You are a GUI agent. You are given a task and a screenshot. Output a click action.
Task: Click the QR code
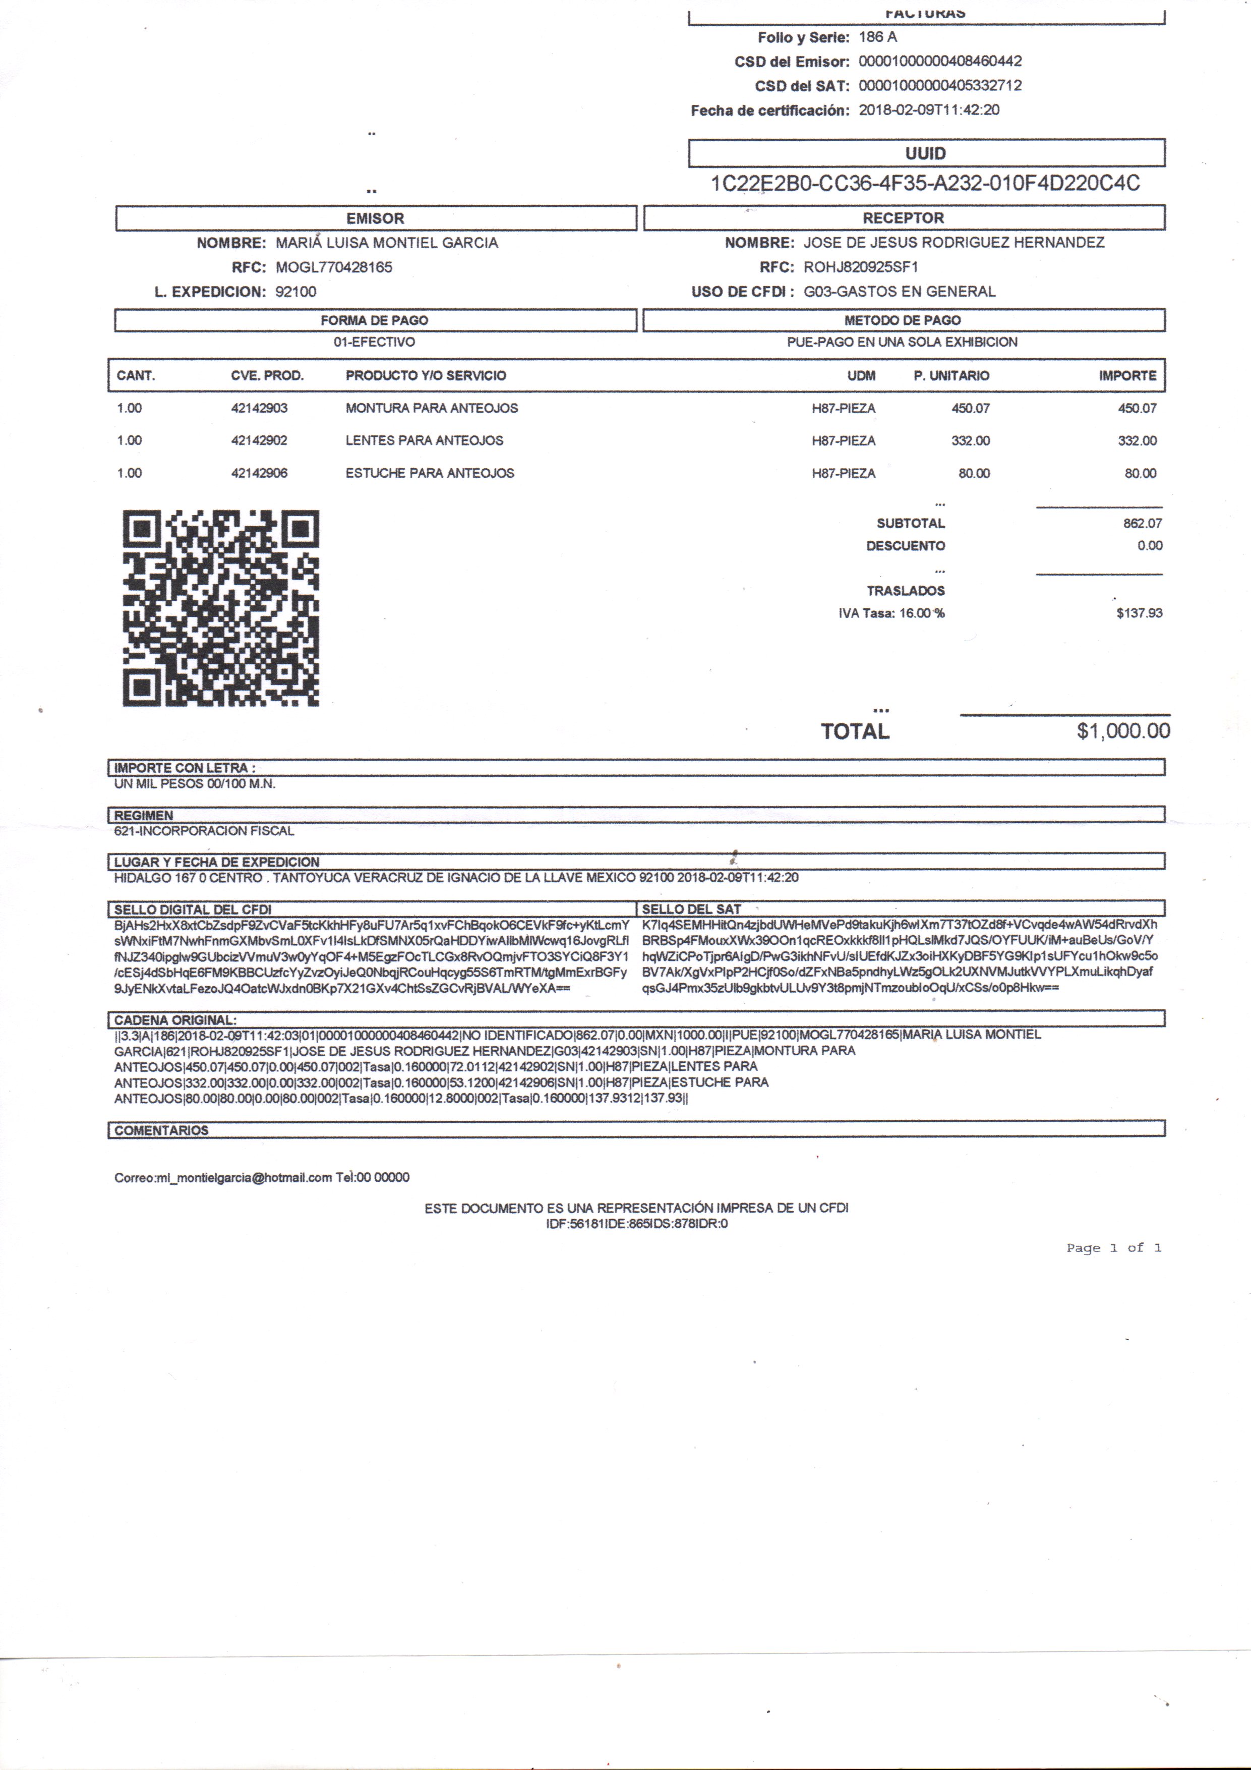(x=220, y=607)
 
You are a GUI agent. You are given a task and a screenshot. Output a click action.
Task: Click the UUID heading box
(x=926, y=153)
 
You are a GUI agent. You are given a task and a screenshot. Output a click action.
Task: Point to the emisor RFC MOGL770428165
(x=334, y=267)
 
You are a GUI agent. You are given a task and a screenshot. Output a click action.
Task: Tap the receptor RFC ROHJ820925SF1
(x=861, y=267)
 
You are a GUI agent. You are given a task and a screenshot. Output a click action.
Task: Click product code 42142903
(x=259, y=408)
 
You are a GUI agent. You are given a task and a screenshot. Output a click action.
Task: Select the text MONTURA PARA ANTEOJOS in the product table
(x=432, y=408)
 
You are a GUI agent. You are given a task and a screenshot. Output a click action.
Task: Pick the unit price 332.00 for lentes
(x=971, y=441)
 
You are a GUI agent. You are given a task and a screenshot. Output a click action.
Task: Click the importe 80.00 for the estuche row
(x=1140, y=473)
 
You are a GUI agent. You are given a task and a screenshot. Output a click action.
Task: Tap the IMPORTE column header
(x=1127, y=375)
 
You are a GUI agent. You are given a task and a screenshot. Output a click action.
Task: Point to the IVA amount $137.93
(x=1139, y=613)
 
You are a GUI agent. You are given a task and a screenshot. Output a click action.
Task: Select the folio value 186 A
(x=878, y=37)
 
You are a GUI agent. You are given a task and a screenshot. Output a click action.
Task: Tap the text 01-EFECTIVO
(x=375, y=341)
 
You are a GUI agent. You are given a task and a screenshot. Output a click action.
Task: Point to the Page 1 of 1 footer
(x=1114, y=1247)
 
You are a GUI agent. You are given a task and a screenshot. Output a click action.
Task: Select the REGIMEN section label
(x=144, y=815)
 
